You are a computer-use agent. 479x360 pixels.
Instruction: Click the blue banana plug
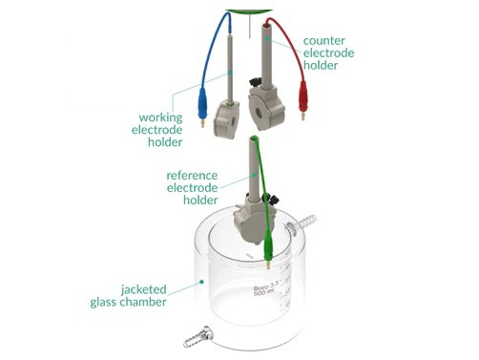[201, 98]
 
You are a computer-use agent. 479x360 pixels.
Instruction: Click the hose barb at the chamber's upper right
[305, 227]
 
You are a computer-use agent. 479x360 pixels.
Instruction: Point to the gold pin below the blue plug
[202, 122]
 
